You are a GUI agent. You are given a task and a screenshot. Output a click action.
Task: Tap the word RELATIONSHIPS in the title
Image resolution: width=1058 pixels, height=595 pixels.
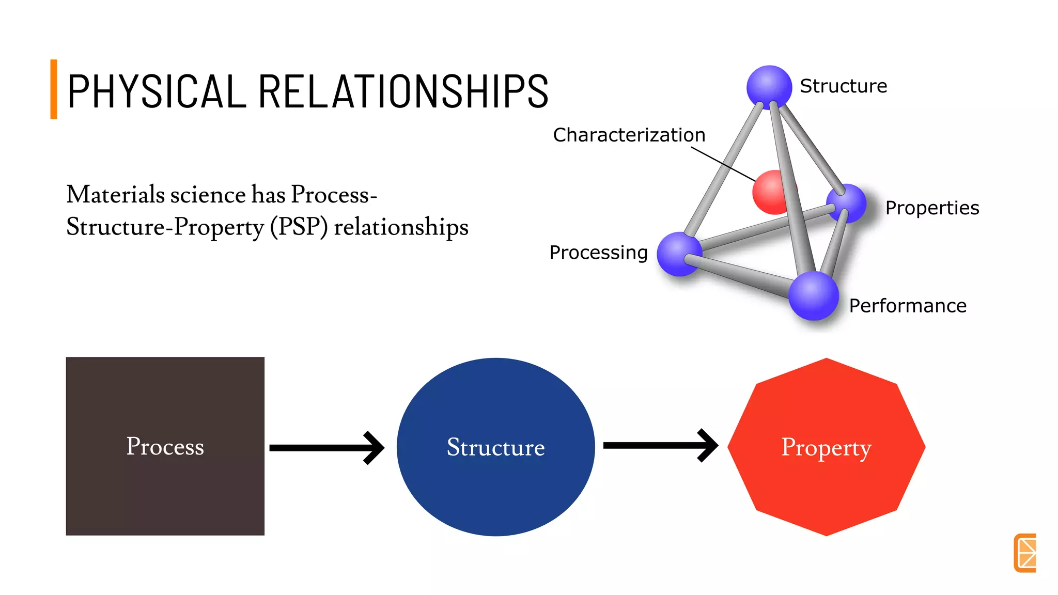[x=403, y=91]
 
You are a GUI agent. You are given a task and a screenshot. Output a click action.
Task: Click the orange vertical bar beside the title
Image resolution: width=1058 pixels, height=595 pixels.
[x=54, y=89]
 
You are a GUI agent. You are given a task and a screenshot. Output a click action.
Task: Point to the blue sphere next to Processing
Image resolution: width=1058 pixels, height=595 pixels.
[x=678, y=254]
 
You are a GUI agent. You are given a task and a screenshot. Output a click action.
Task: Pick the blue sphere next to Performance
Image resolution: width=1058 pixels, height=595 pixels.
[x=813, y=295]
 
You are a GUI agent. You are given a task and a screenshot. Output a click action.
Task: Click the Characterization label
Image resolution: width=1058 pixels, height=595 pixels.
[x=629, y=135]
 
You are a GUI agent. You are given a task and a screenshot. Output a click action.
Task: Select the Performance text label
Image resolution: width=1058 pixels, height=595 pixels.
[x=907, y=306]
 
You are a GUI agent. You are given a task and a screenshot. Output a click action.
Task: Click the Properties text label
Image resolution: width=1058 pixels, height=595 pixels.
[x=931, y=208]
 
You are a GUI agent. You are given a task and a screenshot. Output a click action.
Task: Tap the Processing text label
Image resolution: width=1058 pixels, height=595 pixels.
[x=598, y=253]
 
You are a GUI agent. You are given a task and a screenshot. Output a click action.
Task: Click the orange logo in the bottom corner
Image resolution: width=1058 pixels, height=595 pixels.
[x=1025, y=553]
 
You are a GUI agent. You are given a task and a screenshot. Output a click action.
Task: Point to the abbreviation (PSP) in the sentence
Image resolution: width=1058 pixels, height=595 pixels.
[x=299, y=227]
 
